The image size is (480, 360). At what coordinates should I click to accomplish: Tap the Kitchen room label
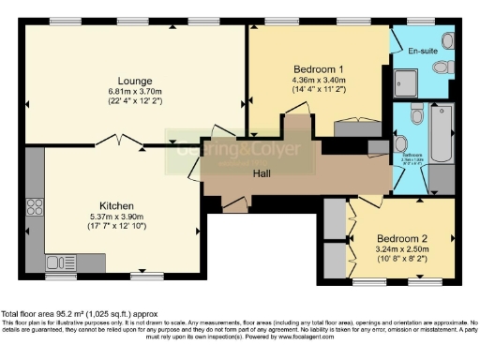click(x=118, y=205)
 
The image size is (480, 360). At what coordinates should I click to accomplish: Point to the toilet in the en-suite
click(x=448, y=42)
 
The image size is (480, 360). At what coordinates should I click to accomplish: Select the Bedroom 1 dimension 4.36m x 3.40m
click(x=319, y=80)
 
